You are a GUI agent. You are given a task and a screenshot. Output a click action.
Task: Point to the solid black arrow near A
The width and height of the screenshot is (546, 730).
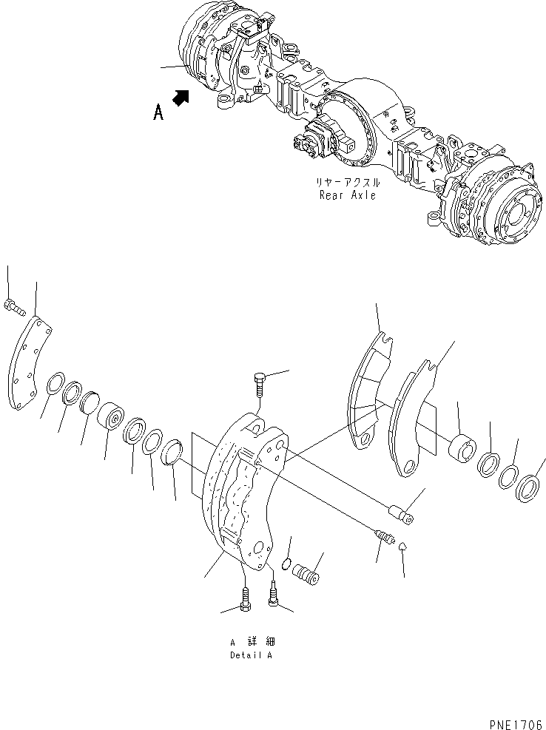pyautogui.click(x=181, y=97)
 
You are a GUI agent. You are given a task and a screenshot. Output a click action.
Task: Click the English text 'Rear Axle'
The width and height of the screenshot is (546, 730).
pyautogui.click(x=348, y=195)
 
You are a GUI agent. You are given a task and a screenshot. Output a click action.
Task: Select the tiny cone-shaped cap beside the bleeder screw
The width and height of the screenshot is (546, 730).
pyautogui.click(x=402, y=546)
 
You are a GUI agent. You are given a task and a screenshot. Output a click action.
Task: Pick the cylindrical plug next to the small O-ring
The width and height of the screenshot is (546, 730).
pyautogui.click(x=306, y=575)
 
